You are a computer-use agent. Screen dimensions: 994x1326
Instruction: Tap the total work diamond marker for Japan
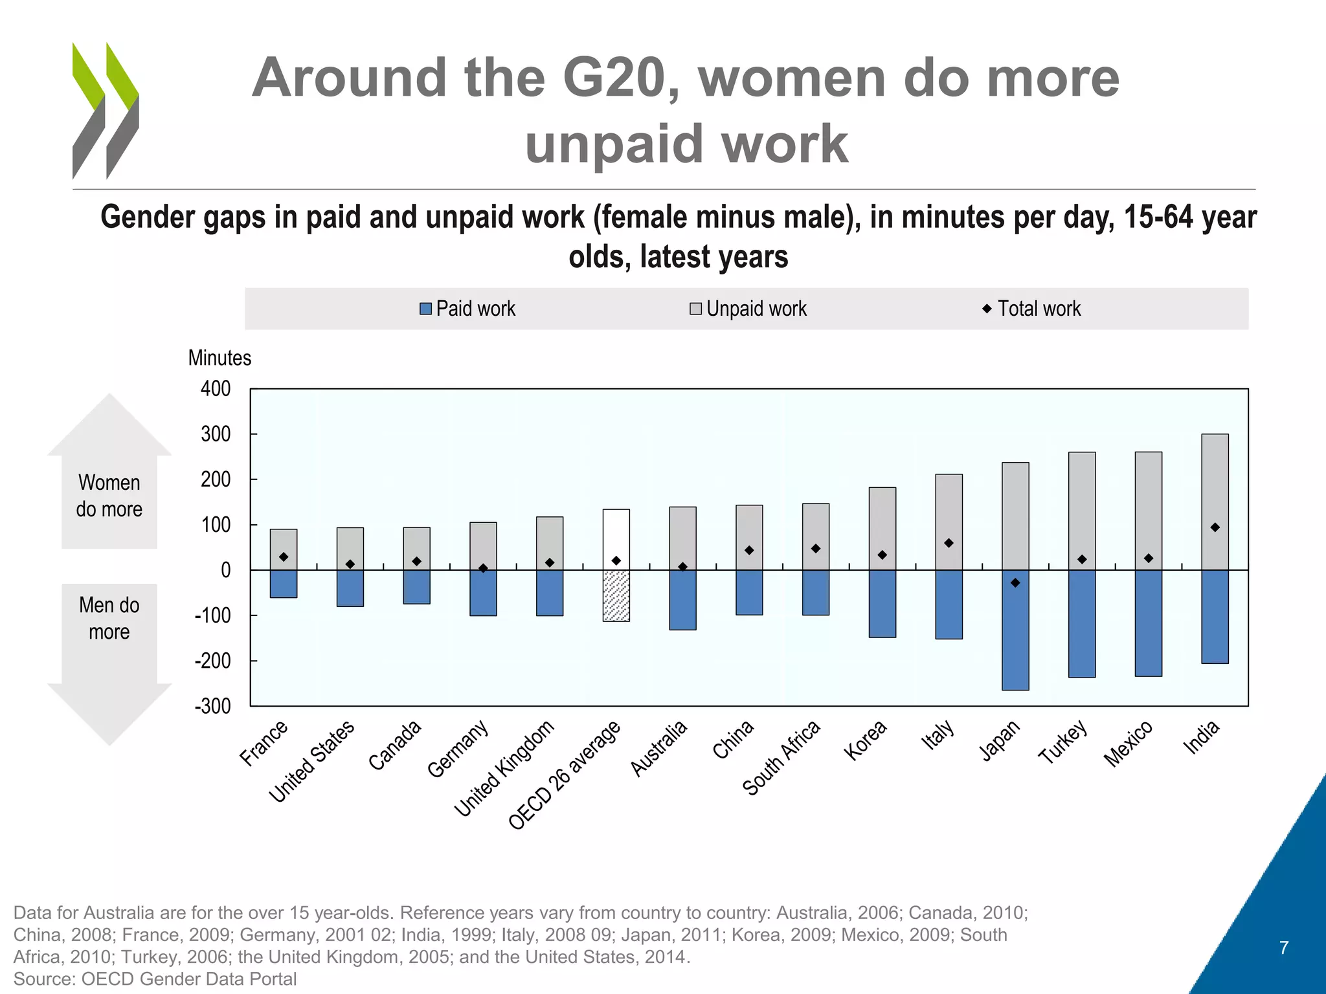pos(1015,583)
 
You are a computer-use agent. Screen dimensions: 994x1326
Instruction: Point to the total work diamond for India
pos(1215,527)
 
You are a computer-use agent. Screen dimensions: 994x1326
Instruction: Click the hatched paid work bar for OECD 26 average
pos(616,595)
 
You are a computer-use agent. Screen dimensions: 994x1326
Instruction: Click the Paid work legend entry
pos(467,309)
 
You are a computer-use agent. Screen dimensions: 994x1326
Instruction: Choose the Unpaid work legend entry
pos(748,309)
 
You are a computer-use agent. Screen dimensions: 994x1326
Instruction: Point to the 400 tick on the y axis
pos(216,389)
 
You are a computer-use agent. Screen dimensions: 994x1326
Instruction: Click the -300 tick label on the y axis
pos(213,706)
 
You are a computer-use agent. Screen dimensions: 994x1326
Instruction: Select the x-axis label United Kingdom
pos(504,768)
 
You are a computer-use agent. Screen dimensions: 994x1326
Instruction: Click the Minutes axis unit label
pos(219,358)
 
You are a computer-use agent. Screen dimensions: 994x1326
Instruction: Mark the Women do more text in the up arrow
pos(109,496)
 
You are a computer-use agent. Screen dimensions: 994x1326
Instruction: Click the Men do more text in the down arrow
pos(109,618)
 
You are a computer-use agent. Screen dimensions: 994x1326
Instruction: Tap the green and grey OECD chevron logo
pos(106,111)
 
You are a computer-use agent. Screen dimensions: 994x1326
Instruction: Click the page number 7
pos(1284,948)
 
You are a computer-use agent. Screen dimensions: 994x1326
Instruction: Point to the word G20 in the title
pos(614,78)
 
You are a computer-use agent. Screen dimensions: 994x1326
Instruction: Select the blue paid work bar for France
pos(284,584)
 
